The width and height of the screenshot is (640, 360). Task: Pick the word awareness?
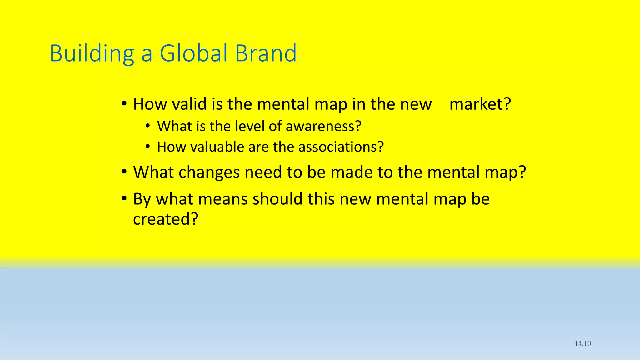pos(323,126)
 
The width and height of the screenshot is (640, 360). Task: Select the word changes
pos(209,172)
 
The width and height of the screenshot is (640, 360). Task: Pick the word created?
pos(166,219)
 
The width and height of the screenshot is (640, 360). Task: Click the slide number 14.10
pos(583,343)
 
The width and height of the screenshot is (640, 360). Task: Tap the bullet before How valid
pos(124,104)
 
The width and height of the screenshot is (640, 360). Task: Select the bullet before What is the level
pos(148,126)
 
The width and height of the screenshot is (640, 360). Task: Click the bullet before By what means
pos(124,198)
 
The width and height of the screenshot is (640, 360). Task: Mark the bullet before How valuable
pos(148,147)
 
